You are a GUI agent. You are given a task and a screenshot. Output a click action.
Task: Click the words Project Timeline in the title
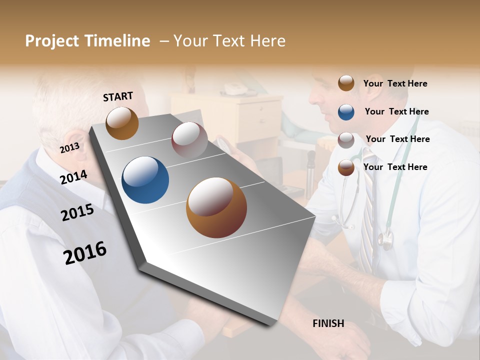[x=87, y=41]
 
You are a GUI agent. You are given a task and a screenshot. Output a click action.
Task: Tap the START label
[x=118, y=96]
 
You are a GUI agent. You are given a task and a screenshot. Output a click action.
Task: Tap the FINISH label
[x=328, y=323]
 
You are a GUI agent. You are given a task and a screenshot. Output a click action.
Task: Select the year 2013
[x=69, y=148]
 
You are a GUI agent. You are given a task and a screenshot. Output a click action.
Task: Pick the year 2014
[x=73, y=177]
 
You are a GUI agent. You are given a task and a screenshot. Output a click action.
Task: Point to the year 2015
[x=77, y=212]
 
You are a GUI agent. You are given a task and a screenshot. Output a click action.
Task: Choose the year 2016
[x=85, y=252]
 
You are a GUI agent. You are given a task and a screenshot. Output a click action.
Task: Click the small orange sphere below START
[x=122, y=123]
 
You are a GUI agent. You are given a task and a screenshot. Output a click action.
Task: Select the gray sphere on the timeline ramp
[x=189, y=140]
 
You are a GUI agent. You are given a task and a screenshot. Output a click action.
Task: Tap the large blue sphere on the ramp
[x=145, y=180]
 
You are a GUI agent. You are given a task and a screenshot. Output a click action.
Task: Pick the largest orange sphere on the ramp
[x=216, y=207]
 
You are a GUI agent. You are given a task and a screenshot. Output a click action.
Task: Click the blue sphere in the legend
[x=346, y=112]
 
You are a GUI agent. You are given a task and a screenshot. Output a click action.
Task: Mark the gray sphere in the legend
[x=346, y=140]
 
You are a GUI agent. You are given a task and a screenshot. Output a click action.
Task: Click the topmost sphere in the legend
[x=346, y=83]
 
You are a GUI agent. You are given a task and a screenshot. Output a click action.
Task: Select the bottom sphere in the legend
[x=346, y=167]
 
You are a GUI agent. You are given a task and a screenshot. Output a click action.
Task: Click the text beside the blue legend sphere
[x=396, y=111]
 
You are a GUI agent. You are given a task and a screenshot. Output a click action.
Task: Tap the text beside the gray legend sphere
[x=397, y=139]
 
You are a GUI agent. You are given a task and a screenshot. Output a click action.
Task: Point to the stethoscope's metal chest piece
[x=385, y=240]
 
